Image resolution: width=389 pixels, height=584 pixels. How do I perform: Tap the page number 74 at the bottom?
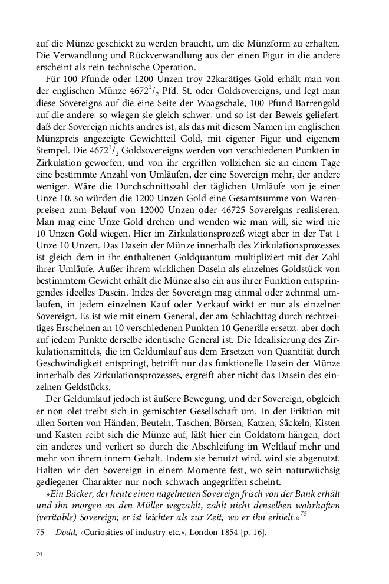point(40,555)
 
